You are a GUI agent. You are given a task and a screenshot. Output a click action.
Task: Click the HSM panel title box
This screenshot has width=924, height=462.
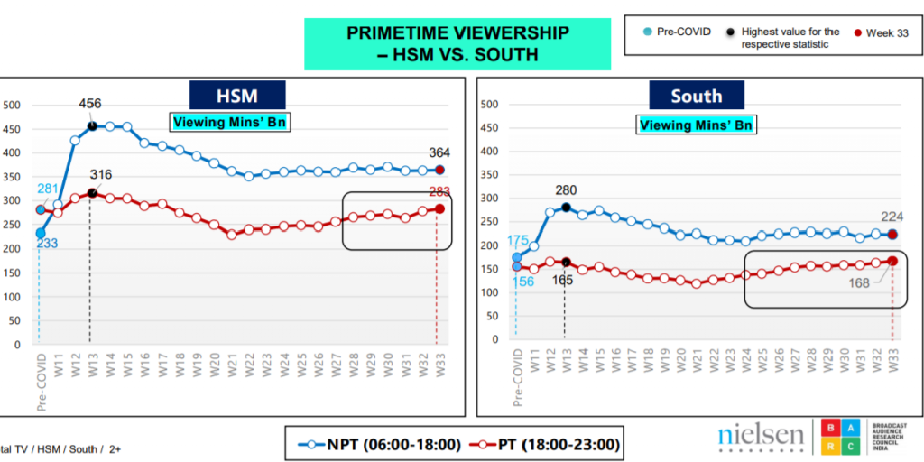[x=237, y=96]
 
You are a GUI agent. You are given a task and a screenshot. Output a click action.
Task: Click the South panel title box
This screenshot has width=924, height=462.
[x=696, y=96]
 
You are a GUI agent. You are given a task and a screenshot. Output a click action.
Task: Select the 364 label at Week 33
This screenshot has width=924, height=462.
[x=439, y=152]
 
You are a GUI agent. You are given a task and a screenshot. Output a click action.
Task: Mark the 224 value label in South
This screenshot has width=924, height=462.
[x=892, y=216]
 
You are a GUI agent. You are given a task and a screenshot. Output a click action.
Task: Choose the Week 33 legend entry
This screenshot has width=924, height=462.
[x=879, y=33]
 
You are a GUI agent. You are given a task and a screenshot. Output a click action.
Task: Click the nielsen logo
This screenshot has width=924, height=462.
[x=761, y=438]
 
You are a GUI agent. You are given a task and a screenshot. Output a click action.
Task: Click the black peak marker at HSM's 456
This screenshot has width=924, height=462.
[x=92, y=125]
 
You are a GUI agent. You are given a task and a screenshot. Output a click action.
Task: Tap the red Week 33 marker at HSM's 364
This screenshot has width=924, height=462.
[x=439, y=170]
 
